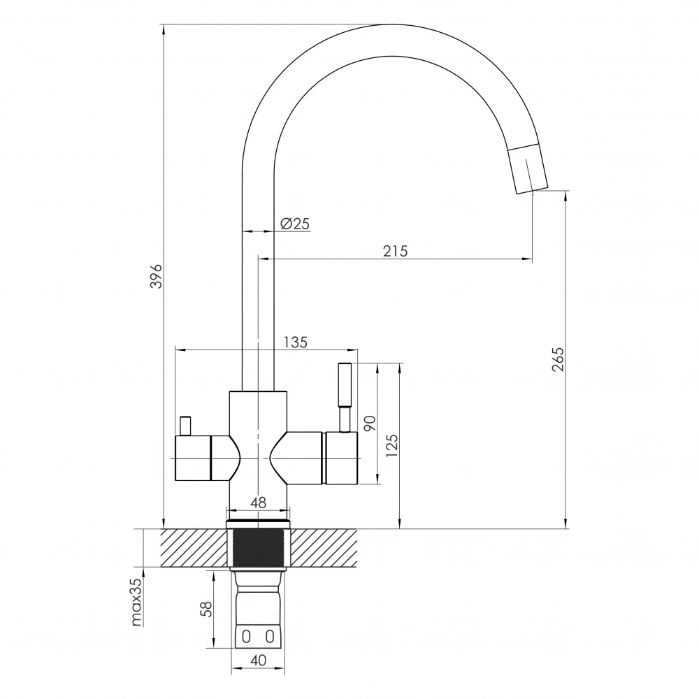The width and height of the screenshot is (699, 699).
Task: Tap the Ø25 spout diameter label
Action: click(x=295, y=224)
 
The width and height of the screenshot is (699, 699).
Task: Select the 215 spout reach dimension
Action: click(x=396, y=252)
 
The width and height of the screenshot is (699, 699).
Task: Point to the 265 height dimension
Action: click(x=558, y=359)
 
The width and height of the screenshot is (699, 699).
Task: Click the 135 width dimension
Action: click(x=296, y=343)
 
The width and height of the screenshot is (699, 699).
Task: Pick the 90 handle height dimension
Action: click(x=370, y=423)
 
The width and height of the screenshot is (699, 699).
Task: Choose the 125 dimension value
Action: click(x=391, y=445)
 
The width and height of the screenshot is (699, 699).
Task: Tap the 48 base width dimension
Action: click(x=258, y=503)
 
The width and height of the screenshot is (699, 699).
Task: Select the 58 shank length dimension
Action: click(x=206, y=609)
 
